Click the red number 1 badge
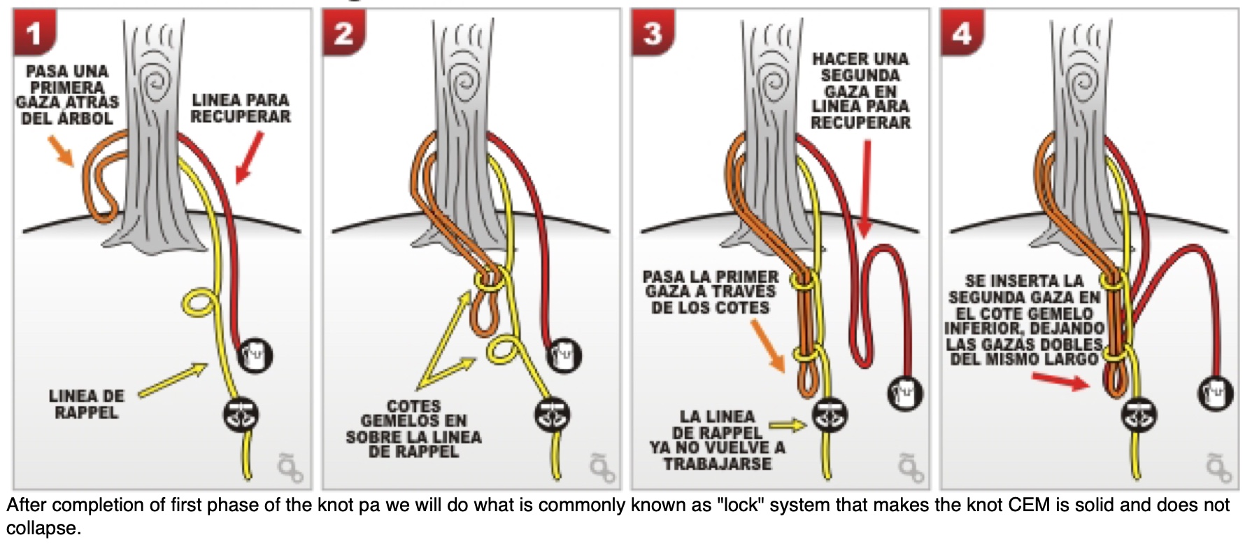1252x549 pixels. (33, 34)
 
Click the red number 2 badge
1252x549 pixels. (343, 34)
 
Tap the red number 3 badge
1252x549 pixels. (652, 34)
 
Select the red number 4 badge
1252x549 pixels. (962, 34)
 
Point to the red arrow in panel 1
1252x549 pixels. (250, 158)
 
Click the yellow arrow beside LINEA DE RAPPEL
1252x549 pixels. (173, 379)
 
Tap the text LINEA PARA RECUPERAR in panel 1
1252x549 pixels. (240, 109)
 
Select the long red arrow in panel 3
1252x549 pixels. (867, 189)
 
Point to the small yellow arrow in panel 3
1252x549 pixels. (788, 424)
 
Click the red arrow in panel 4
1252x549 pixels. (1060, 381)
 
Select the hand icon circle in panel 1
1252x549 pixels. (255, 355)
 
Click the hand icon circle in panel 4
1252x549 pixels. (1216, 393)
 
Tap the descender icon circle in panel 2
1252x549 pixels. (553, 415)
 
